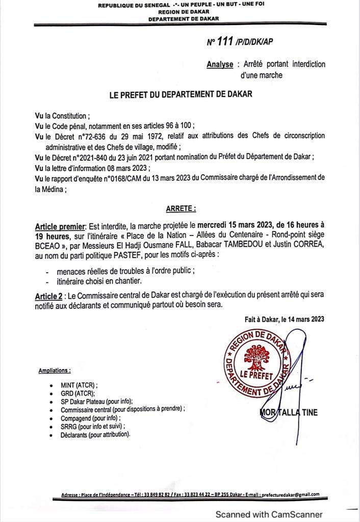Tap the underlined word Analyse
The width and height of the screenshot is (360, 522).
click(220, 65)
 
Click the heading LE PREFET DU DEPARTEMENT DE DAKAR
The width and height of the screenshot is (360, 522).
click(181, 95)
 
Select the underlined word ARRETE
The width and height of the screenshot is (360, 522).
click(181, 208)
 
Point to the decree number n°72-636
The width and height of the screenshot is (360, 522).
click(98, 136)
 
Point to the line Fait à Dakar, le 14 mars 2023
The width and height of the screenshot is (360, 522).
click(284, 319)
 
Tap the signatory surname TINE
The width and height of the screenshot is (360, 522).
click(307, 412)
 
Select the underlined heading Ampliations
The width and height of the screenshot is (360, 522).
click(55, 371)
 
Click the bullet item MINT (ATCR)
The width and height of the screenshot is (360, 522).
click(78, 385)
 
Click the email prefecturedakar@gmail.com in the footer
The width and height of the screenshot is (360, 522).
click(290, 494)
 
